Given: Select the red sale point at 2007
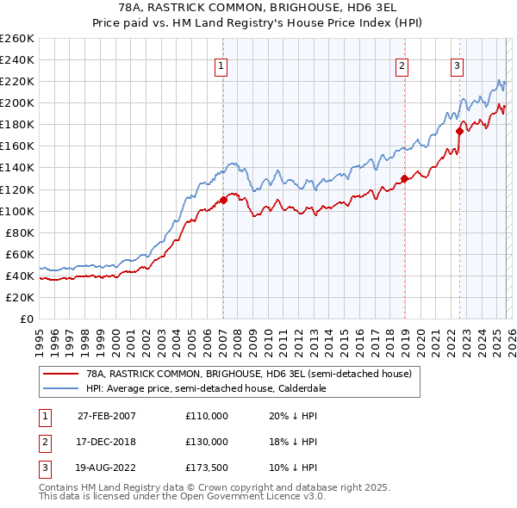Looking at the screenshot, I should click(x=223, y=200).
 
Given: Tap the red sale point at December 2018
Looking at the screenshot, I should click(x=403, y=178).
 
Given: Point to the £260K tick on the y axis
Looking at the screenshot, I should click(x=16, y=39).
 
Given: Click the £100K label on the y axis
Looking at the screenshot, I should click(x=16, y=211).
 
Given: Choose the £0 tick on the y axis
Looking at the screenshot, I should click(x=25, y=319).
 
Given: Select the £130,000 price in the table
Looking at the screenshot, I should click(x=207, y=441).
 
